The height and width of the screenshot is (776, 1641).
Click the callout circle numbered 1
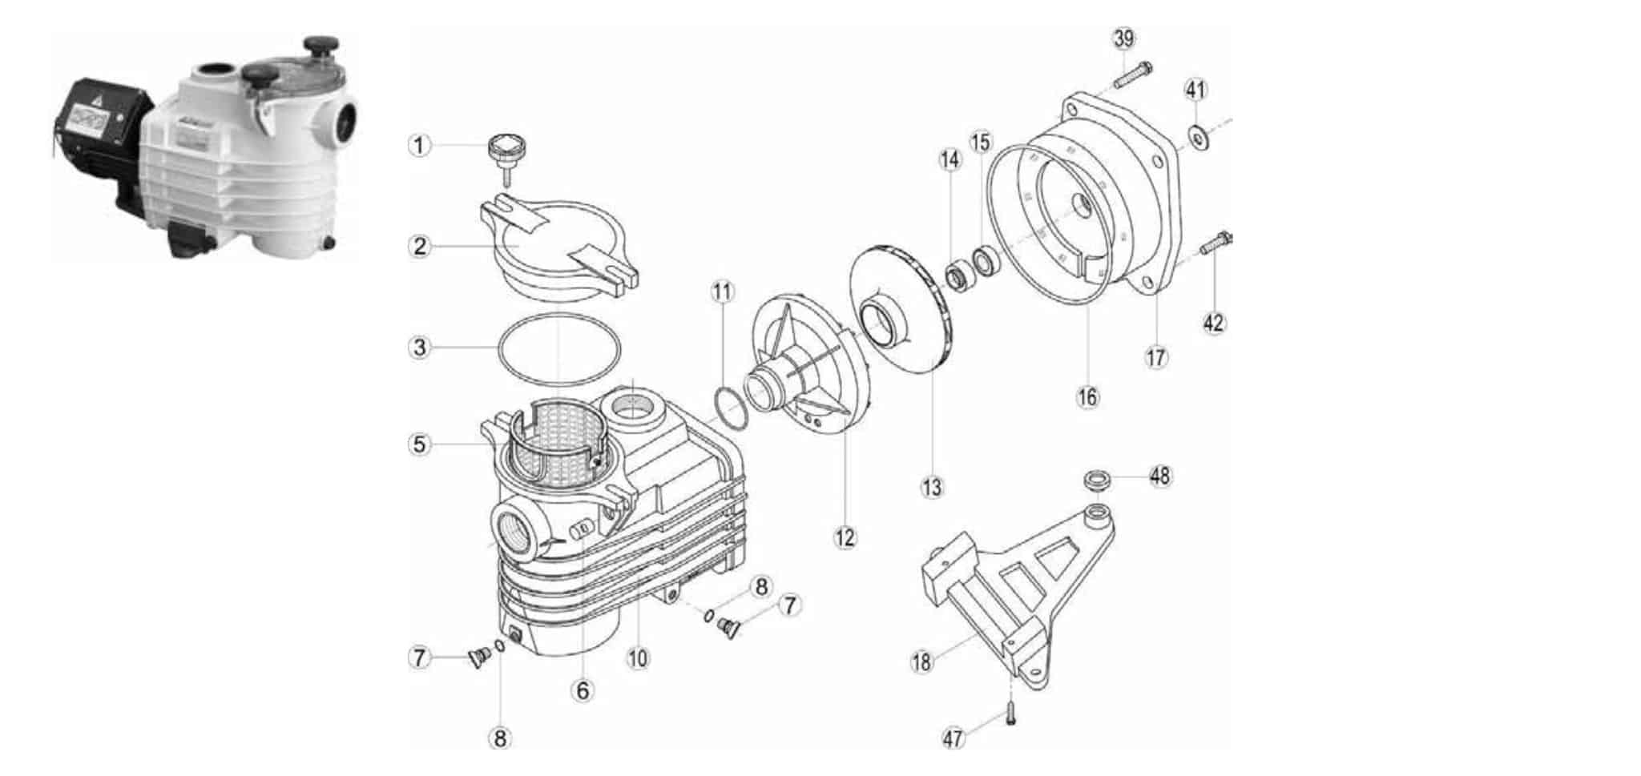[419, 146]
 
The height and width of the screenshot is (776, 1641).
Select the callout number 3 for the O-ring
[419, 348]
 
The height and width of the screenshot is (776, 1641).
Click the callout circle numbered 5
[419, 443]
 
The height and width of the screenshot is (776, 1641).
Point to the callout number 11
[722, 292]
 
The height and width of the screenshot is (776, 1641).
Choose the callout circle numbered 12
[845, 537]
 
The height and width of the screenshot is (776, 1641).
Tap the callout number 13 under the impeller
[932, 487]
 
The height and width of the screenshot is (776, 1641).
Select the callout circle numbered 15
[981, 143]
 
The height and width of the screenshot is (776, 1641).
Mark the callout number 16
[1087, 396]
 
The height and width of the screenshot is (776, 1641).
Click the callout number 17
[1156, 356]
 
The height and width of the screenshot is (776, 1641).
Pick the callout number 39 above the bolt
[1124, 38]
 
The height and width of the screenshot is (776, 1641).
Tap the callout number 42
[1214, 323]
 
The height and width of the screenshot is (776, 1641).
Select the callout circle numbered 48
[1159, 476]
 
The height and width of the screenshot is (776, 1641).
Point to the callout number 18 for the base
[922, 661]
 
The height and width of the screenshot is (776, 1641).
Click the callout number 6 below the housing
[583, 690]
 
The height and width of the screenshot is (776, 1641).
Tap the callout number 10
[638, 658]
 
